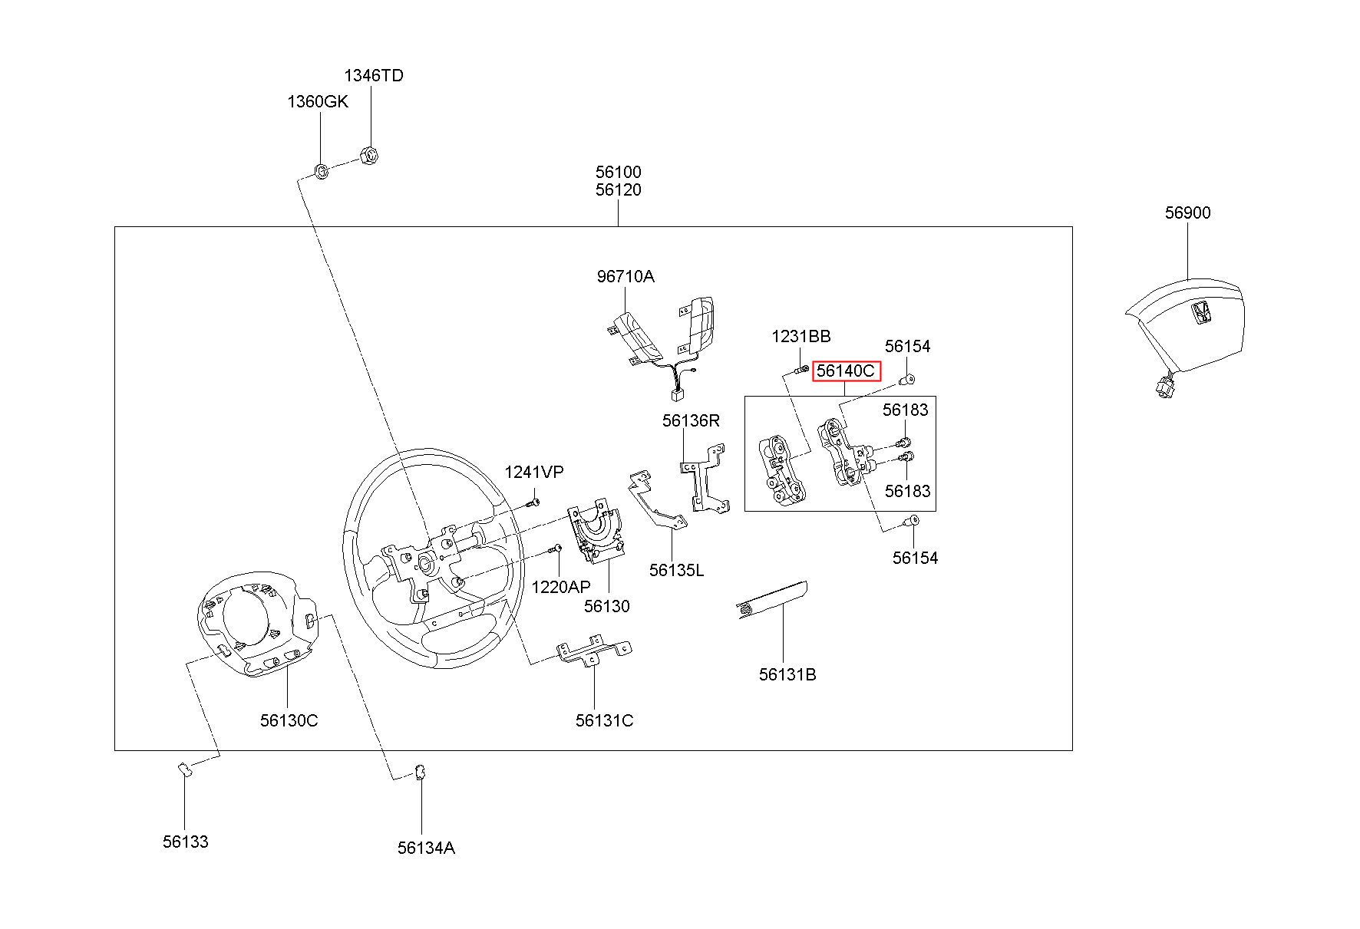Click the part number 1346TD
(373, 75)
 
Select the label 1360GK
(318, 101)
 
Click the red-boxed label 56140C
(846, 371)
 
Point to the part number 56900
(1187, 212)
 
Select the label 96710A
(626, 276)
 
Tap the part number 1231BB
(800, 336)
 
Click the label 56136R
(692, 420)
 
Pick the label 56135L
(676, 570)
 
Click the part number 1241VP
(533, 473)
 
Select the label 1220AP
(561, 587)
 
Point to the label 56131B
(787, 674)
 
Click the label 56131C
(604, 720)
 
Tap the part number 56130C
(289, 720)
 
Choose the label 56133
(185, 842)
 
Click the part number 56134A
(426, 848)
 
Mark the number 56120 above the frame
(618, 189)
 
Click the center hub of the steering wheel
(424, 565)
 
